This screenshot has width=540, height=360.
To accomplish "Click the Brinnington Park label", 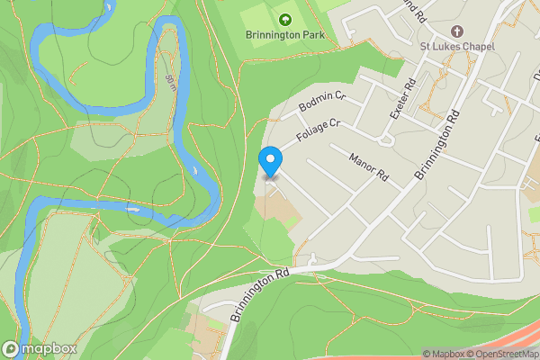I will pyautogui.click(x=284, y=36).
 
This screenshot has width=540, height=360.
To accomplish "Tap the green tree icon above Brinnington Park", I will pyautogui.click(x=285, y=19).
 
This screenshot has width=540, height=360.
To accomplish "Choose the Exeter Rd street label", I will pyautogui.click(x=401, y=98).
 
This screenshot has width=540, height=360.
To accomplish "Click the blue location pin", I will pyautogui.click(x=271, y=163).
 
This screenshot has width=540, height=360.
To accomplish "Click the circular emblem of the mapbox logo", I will pyautogui.click(x=12, y=348).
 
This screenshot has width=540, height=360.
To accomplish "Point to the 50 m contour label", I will pyautogui.click(x=171, y=83).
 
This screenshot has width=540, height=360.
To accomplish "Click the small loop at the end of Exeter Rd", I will pyautogui.click(x=387, y=139).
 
